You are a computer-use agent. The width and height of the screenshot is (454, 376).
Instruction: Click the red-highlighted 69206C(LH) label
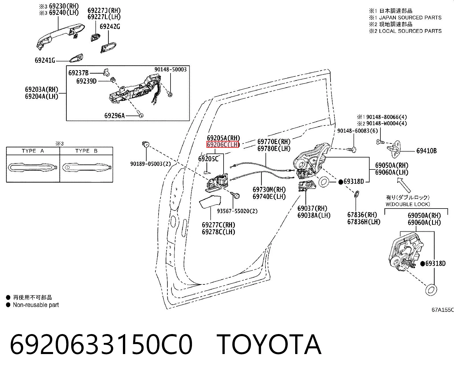223,144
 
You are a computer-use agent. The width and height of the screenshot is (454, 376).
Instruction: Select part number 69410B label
426,151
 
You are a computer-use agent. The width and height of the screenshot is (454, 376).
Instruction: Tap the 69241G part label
45,60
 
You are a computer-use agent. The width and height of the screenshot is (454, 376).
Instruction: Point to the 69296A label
115,116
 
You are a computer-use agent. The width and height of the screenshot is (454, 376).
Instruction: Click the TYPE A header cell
33,151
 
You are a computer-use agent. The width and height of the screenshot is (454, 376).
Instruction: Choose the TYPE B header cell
86,151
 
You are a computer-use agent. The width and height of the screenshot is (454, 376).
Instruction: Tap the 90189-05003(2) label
151,164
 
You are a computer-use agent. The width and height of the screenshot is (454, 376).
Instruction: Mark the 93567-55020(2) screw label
237,211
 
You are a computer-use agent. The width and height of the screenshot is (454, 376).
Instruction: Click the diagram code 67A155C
443,310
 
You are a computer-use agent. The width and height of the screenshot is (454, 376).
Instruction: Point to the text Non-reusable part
36,305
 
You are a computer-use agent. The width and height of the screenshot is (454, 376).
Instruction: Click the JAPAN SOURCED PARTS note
410,18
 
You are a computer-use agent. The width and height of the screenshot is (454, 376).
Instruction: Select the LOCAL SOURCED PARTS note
410,31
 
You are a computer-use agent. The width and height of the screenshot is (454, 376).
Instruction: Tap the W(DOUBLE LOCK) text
408,204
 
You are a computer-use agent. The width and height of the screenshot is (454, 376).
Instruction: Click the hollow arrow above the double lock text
404,185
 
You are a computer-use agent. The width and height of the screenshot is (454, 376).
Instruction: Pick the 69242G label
110,27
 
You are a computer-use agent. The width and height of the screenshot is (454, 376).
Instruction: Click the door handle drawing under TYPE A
33,167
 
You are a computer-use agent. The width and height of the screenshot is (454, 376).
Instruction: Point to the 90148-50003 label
171,69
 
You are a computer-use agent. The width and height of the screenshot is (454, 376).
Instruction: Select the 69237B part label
78,73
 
